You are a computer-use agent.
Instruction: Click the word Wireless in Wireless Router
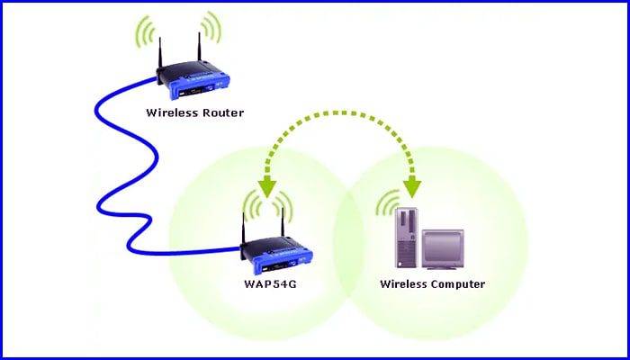click(167, 112)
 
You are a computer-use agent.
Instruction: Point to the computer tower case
click(407, 238)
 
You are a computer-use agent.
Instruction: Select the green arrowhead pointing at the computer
click(412, 187)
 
